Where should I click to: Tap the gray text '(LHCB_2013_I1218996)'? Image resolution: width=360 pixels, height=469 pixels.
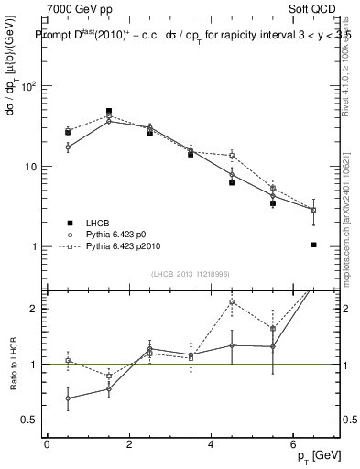click(x=191, y=274)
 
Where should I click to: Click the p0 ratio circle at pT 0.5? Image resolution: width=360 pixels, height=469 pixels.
click(x=68, y=398)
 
